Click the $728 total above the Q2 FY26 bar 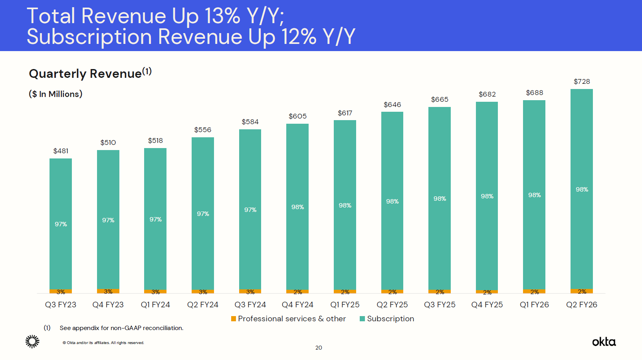click(x=582, y=81)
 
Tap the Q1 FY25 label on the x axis click(x=345, y=305)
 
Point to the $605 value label click(x=297, y=116)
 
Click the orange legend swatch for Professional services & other click(x=234, y=318)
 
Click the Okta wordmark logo click(x=604, y=342)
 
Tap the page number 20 click(x=319, y=348)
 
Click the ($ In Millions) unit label click(x=55, y=94)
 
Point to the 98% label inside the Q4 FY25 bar click(x=487, y=196)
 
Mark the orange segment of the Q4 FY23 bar click(x=108, y=291)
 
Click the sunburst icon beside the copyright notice click(x=32, y=342)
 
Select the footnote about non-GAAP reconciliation click(x=121, y=328)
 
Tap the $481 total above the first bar click(x=61, y=151)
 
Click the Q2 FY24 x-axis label click(x=203, y=305)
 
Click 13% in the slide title click(x=222, y=16)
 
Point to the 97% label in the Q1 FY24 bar click(x=155, y=220)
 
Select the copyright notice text click(x=103, y=343)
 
